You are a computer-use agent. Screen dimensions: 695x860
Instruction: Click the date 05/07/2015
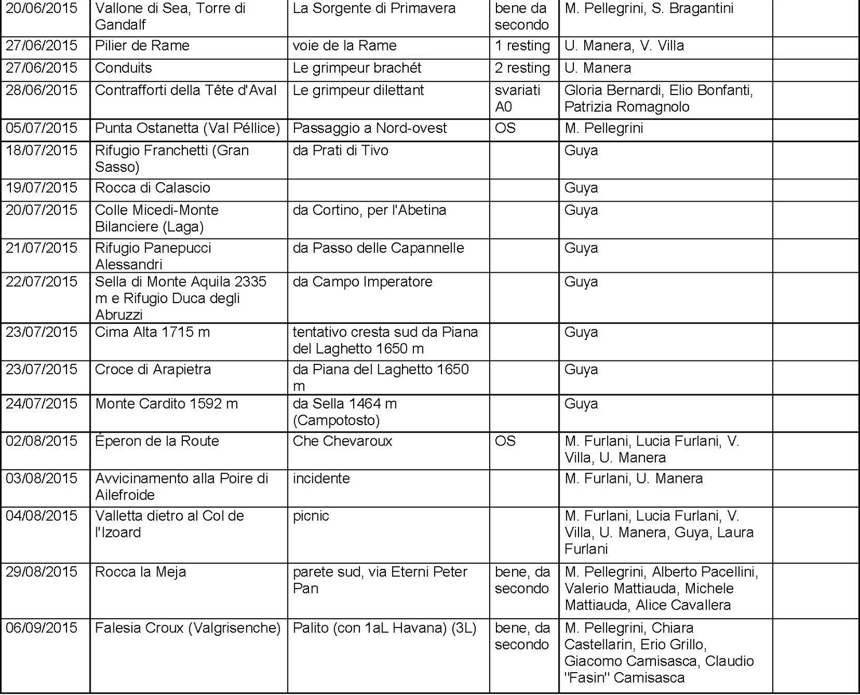pos(41,128)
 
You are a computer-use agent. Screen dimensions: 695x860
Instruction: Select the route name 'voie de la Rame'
pos(344,46)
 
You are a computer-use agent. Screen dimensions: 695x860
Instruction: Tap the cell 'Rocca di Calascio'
pos(153,188)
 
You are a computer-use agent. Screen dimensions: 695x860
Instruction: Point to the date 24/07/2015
pos(41,404)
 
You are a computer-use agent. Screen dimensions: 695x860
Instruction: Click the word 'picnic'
pos(311,516)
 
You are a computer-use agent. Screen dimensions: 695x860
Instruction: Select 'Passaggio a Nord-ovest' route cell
pos(369,128)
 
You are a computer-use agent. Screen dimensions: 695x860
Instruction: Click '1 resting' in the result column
pos(522,46)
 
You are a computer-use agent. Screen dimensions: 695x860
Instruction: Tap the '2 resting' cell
pos(522,68)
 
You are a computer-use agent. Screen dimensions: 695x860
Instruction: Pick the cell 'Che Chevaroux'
pos(342,441)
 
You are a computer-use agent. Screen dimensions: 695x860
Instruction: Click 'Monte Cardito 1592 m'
pos(166,404)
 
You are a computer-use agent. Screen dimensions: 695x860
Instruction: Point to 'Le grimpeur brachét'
pos(357,68)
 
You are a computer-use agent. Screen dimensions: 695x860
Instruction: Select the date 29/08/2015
pos(41,572)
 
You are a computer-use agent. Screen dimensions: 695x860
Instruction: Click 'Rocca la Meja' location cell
pos(140,572)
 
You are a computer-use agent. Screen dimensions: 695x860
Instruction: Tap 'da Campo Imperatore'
pos(362,282)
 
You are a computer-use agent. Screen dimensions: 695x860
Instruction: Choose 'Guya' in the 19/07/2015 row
pos(581,188)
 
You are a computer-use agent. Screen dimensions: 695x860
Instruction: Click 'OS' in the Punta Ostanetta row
pos(505,128)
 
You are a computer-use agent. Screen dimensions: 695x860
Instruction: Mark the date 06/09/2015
pos(41,628)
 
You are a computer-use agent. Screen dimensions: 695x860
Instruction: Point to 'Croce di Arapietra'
pos(153,370)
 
